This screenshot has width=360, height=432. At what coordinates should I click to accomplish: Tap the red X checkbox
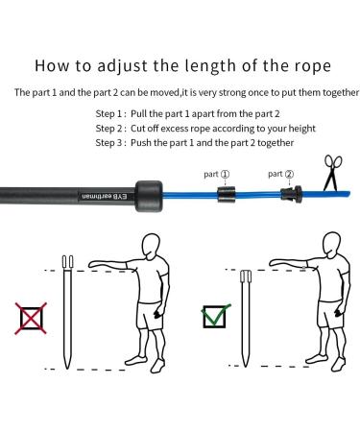[30, 317]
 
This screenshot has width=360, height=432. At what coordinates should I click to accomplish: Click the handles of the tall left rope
[69, 262]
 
